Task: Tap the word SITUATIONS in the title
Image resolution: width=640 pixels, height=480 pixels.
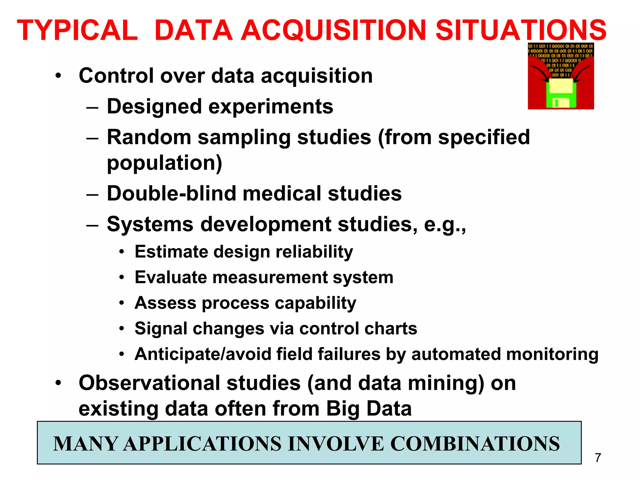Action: click(x=521, y=30)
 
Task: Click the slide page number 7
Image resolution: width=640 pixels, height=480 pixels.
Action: click(x=598, y=458)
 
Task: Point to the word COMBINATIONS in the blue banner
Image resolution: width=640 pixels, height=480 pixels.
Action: click(x=475, y=443)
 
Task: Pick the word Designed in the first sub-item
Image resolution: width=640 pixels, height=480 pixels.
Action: click(x=154, y=106)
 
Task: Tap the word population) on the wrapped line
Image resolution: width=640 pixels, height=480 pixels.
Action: click(x=164, y=163)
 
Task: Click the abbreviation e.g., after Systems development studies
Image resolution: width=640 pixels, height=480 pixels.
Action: click(x=445, y=224)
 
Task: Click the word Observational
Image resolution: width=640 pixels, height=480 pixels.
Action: click(x=149, y=383)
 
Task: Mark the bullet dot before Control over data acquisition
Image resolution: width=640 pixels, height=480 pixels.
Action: click(x=58, y=76)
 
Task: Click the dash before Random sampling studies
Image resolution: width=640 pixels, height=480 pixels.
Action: click(x=92, y=138)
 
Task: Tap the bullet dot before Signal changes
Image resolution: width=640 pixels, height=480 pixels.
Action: click(x=122, y=328)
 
